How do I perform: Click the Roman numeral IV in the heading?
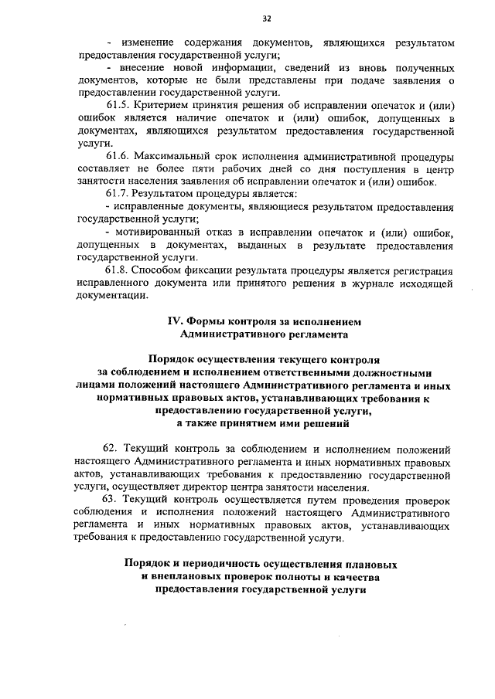tap(175, 321)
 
